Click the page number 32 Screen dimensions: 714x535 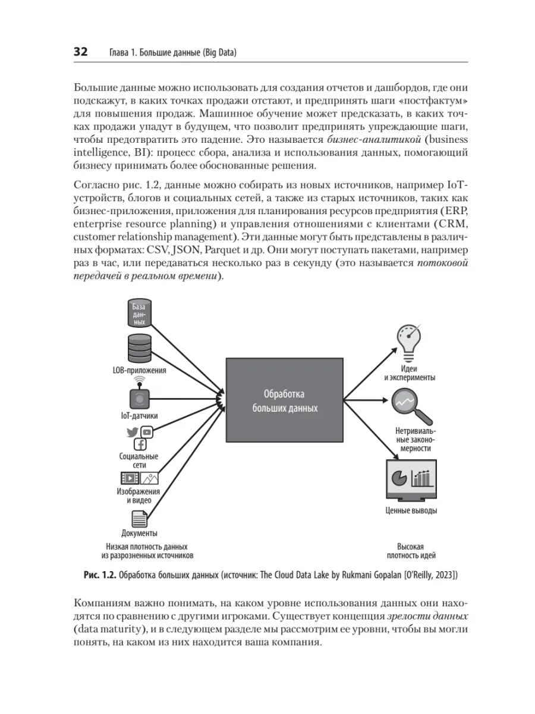coord(80,52)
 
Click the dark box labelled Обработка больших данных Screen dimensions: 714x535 coord(284,402)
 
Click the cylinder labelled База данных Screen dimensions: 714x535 coord(139,313)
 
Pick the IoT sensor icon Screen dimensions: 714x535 coord(139,398)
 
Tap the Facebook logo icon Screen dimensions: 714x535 coord(140,444)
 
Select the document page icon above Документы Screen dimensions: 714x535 coord(139,519)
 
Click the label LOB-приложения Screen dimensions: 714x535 coord(139,370)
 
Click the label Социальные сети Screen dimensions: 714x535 coord(139,461)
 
